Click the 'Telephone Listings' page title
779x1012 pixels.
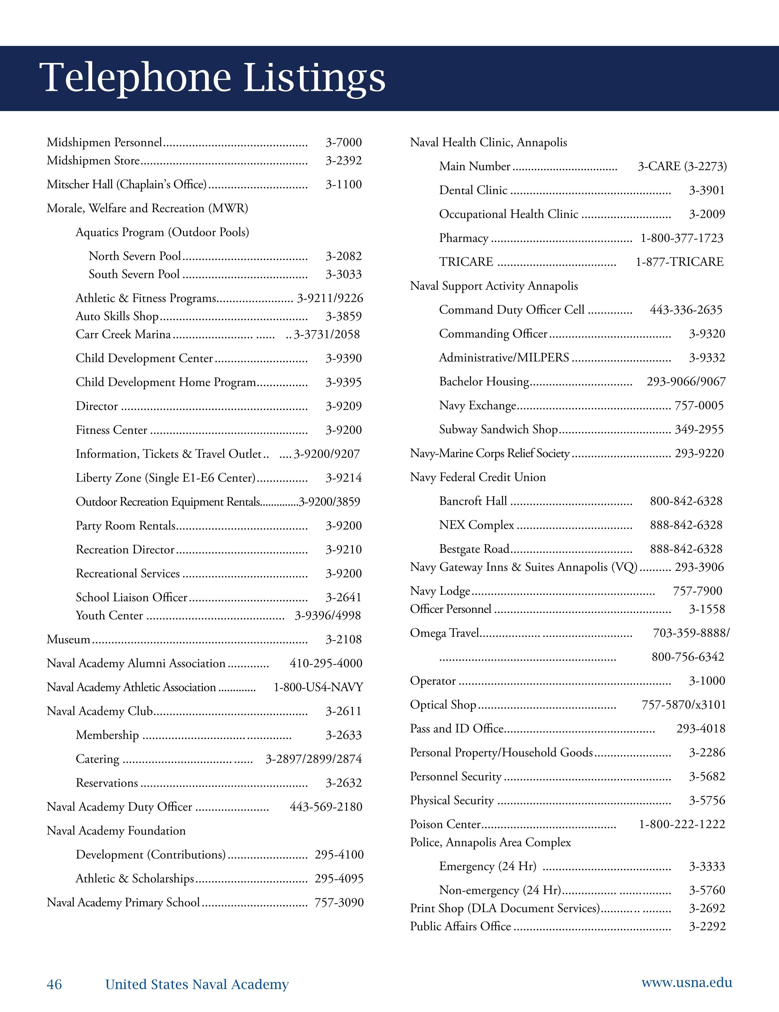[x=214, y=78]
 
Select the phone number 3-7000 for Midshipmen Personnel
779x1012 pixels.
[x=343, y=143]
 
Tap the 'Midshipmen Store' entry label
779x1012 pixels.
[x=93, y=161]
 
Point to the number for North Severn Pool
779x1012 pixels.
[x=343, y=256]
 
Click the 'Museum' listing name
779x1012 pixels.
[x=69, y=639]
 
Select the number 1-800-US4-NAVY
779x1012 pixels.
[x=318, y=687]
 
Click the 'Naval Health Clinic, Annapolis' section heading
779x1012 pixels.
[x=488, y=143]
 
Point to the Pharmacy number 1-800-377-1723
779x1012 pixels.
[x=682, y=238]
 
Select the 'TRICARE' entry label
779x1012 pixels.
[x=466, y=262]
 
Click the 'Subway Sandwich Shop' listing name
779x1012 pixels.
[x=498, y=430]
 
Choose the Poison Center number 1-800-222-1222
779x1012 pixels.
[x=682, y=824]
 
